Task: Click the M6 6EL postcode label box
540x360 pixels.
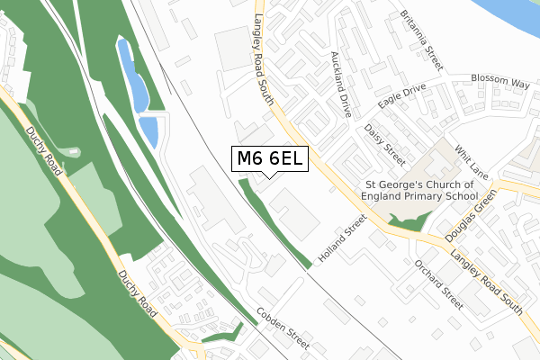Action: pos(270,159)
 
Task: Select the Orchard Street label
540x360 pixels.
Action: pos(438,283)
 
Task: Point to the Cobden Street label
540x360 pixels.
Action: pos(283,329)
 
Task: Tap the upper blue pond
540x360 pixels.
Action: pos(132,76)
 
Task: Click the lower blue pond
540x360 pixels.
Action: pos(149,131)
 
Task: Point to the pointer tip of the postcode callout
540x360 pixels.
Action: pos(270,177)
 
